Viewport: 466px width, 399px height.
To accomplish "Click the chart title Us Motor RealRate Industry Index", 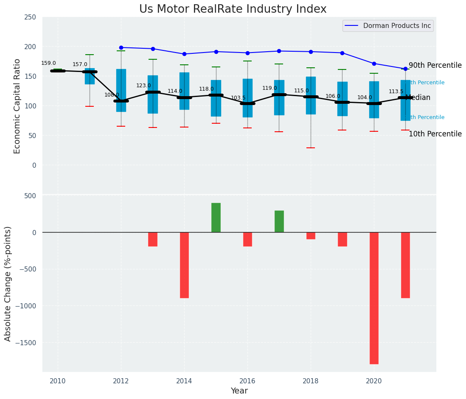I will [x=233, y=9].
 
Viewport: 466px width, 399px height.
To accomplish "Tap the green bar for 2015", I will [x=216, y=218].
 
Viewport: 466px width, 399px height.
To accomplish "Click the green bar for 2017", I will [x=279, y=222].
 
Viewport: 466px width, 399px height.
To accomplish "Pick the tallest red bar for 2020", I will [x=374, y=298].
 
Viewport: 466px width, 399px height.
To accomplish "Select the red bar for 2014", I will [x=184, y=265].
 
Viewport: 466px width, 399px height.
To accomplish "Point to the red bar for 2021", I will [x=405, y=265].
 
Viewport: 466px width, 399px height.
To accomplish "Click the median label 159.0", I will [x=48, y=63].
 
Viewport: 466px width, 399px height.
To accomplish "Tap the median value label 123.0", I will [x=143, y=86].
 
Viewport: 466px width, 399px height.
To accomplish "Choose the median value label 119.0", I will [x=269, y=88].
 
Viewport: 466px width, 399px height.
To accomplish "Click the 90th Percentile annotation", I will [x=435, y=66].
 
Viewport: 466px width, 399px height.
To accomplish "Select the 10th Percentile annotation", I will [x=435, y=134].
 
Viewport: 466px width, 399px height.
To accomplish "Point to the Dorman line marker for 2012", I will [x=121, y=47].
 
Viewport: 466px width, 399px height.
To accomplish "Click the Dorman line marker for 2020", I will [x=374, y=64].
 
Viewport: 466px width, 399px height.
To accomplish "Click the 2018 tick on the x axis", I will [x=311, y=381].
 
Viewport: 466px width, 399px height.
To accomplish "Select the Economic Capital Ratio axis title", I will [x=17, y=106].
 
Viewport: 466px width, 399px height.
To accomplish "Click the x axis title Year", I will [x=239, y=391].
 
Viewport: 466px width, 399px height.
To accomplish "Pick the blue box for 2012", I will [x=121, y=90].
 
